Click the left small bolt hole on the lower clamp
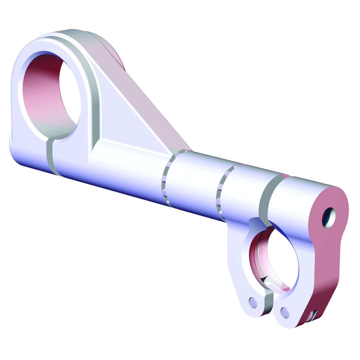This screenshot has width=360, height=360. [x=253, y=302]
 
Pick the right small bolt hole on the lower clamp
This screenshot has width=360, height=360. [x=285, y=312]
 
